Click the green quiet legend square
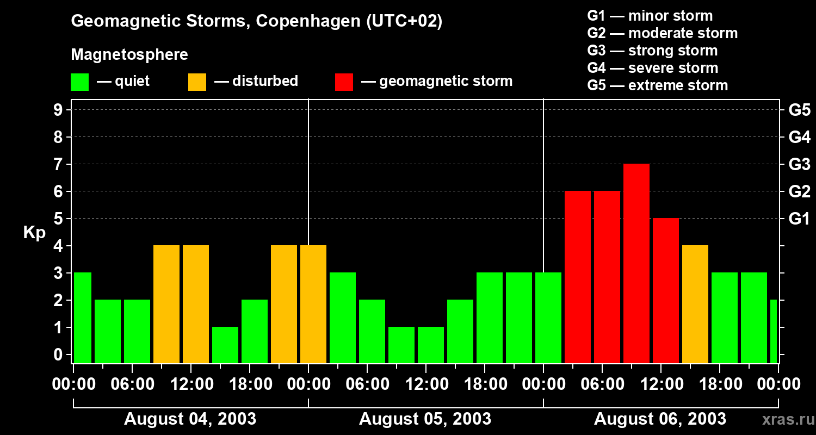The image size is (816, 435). coord(80,82)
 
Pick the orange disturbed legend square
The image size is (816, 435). coord(197,82)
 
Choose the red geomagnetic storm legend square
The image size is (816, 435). coord(344,82)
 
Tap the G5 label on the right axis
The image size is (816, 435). coord(799,110)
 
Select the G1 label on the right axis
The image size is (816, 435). coord(799,219)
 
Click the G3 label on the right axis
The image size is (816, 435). coord(799,165)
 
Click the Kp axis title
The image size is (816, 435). coord(34,233)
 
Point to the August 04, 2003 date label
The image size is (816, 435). coord(190,419)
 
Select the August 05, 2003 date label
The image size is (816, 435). coord(425,419)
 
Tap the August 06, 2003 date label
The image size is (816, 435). coord(660,419)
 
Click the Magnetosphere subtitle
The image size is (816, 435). coord(129,55)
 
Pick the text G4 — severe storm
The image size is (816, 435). coord(653,68)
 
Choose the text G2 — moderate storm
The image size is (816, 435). coord(663,33)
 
